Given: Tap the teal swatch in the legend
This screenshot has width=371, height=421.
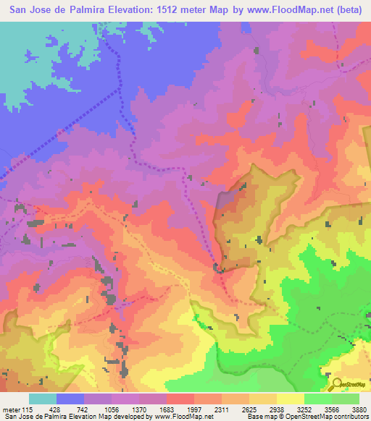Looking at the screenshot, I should point(43,399).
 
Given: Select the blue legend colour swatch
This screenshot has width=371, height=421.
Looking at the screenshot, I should point(70,399).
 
